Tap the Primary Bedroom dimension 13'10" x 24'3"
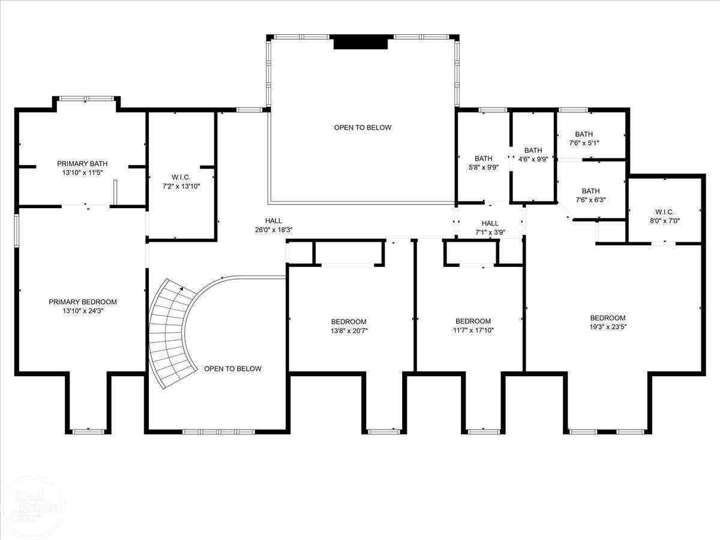tap(82, 311)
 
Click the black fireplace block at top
tap(361, 43)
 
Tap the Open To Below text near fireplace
tap(362, 127)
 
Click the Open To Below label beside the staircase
tap(232, 368)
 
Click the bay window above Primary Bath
tap(86, 98)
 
